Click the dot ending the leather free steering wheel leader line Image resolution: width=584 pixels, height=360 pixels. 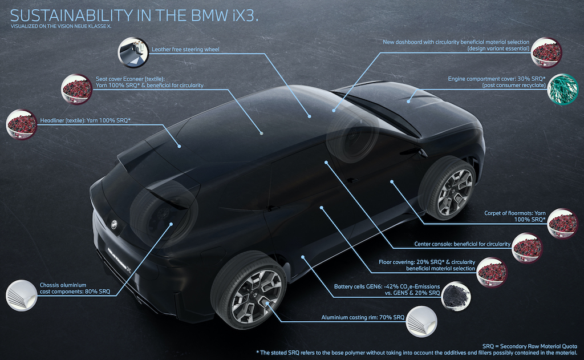(x=310, y=116)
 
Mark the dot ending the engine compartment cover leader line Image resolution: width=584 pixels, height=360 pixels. (x=408, y=101)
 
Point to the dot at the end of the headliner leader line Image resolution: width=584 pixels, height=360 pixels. (x=179, y=147)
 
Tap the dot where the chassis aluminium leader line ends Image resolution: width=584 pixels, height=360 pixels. (x=171, y=224)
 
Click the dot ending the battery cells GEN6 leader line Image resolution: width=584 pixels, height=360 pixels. (x=303, y=257)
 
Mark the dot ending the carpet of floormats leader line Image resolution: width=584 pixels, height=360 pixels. (x=392, y=181)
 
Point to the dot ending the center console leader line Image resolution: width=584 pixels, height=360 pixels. (x=326, y=162)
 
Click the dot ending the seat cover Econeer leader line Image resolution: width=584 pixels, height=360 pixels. (x=262, y=133)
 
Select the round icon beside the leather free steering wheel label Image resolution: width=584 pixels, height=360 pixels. (x=133, y=52)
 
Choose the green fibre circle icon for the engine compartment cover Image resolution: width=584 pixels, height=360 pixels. (x=562, y=89)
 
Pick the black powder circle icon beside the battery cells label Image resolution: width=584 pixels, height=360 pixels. (x=456, y=296)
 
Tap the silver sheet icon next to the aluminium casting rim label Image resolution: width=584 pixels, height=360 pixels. (x=421, y=321)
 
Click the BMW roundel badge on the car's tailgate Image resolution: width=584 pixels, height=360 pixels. (x=114, y=224)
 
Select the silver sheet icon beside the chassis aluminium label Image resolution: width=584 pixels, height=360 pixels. (x=22, y=295)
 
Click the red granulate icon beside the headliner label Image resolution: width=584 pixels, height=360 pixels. (x=22, y=124)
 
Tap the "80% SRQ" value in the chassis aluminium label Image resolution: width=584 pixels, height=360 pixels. (x=98, y=292)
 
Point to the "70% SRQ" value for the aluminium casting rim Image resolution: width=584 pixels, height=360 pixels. (x=392, y=318)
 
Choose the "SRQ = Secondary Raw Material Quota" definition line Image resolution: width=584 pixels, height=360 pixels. (x=530, y=346)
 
